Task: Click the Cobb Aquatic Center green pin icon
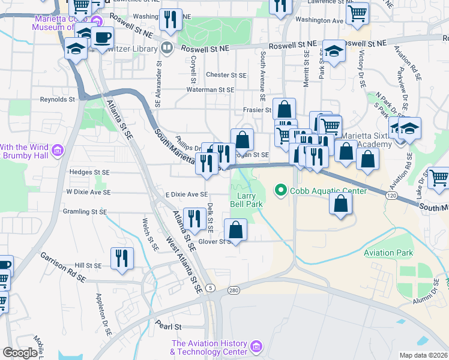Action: (280, 191)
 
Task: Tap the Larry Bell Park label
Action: (247, 200)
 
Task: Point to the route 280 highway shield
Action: (234, 290)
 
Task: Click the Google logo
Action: (20, 353)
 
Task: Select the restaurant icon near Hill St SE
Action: (122, 257)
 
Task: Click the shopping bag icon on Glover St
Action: (236, 229)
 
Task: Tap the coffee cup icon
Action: (102, 37)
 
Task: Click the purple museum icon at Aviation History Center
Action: (256, 347)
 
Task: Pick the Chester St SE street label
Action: (226, 75)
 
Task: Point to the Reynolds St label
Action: (58, 100)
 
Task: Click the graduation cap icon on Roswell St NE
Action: (334, 51)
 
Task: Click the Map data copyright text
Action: (423, 355)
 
